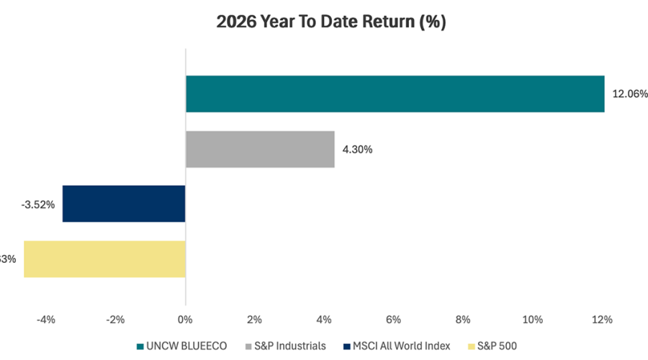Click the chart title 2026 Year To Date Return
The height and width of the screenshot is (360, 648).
point(331,22)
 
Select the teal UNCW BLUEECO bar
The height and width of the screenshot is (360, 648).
point(395,94)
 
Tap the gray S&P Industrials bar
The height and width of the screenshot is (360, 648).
point(260,149)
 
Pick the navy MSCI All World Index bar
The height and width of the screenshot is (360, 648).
point(124,204)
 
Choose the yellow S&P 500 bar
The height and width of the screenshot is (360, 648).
point(104,259)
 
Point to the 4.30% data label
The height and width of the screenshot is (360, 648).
point(357,150)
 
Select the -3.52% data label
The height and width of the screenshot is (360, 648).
point(39,204)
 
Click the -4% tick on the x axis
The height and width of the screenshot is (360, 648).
point(45,319)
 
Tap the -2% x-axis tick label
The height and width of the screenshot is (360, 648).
point(114,319)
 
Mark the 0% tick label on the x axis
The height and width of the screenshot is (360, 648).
point(185,319)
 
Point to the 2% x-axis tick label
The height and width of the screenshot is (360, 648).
point(255,319)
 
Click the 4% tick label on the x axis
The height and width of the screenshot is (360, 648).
point(324,319)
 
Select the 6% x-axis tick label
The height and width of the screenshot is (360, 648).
point(393,319)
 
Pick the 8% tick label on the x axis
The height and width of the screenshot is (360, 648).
point(463,319)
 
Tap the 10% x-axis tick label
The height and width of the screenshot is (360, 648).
point(532,319)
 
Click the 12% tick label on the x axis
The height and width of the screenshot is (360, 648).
point(601,319)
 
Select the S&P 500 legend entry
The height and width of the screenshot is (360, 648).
point(494,346)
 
